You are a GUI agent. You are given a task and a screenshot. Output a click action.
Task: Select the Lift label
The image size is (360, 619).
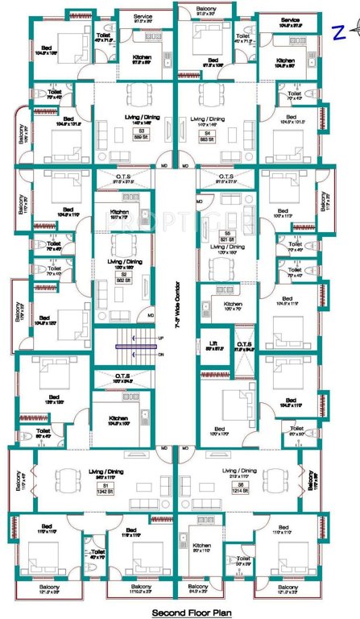coord(213,346)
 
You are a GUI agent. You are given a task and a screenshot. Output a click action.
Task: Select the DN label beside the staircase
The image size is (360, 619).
coord(160,355)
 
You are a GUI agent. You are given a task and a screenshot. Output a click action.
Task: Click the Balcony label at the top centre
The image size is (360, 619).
coord(212,9)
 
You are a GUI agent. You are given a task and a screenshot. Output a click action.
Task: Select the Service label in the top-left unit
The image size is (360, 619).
coord(143,15)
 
